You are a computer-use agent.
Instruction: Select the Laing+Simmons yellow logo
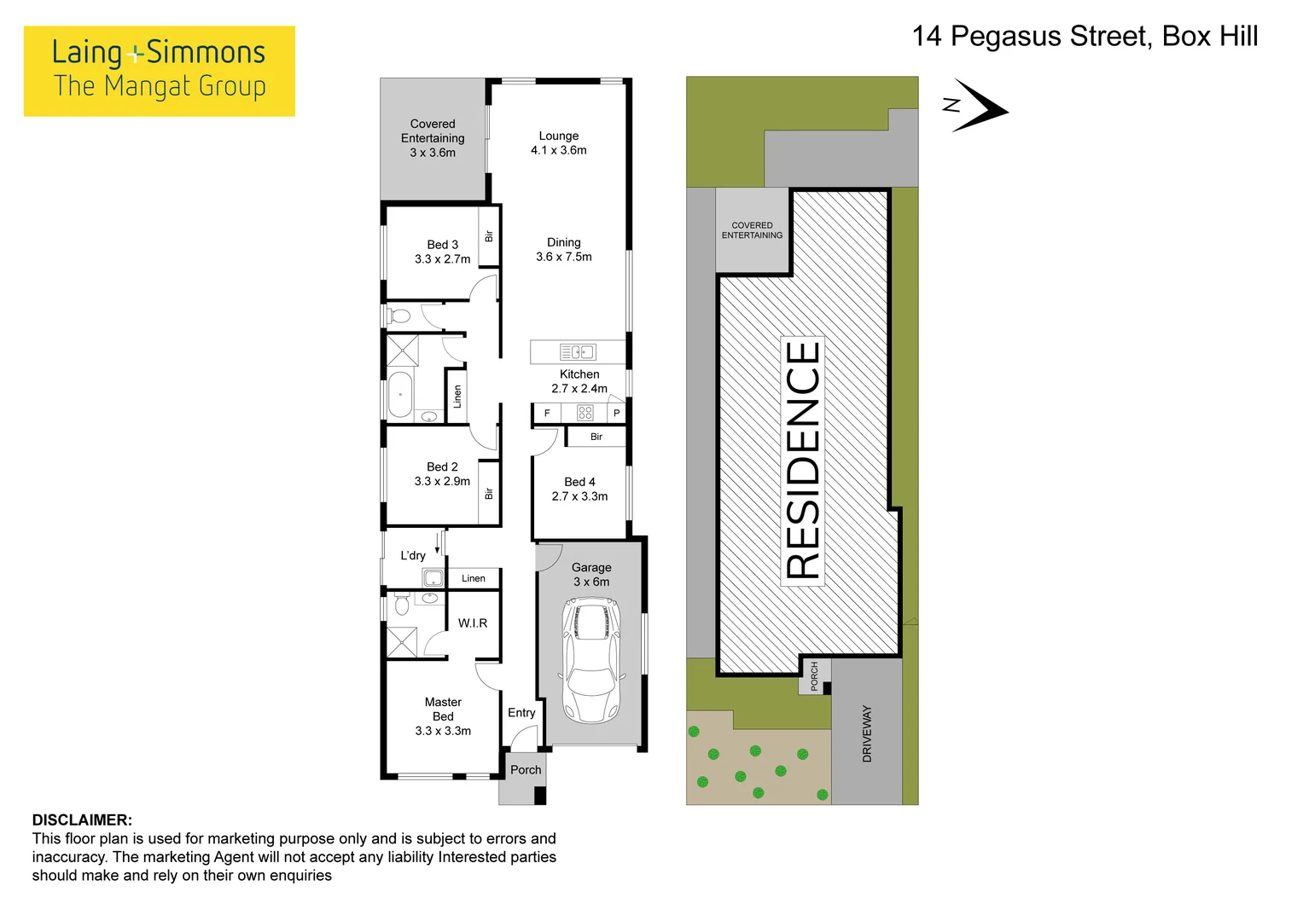tap(160, 71)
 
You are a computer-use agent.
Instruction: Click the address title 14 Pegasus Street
tap(1085, 37)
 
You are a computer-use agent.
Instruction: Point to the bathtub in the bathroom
tap(399, 395)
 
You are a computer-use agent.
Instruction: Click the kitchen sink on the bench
tap(578, 352)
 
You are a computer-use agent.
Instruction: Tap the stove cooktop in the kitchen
tap(585, 413)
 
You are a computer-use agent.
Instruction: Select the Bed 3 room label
tap(442, 245)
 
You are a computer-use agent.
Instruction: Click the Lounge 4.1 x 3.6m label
tap(558, 142)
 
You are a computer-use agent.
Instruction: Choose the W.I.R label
tap(472, 623)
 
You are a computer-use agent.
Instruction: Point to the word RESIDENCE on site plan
tap(802, 460)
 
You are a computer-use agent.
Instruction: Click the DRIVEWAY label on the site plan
tap(867, 733)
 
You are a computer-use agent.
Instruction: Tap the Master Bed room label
tap(443, 709)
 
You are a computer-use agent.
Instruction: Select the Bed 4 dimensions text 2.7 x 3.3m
tap(579, 496)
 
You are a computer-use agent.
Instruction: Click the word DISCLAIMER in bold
tap(82, 820)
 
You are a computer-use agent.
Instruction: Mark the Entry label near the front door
tap(521, 713)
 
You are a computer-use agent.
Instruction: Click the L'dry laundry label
tap(413, 556)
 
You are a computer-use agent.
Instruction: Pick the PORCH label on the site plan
tap(814, 675)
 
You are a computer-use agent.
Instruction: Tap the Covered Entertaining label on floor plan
tap(433, 138)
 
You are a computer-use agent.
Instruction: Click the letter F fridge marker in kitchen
tap(547, 414)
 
